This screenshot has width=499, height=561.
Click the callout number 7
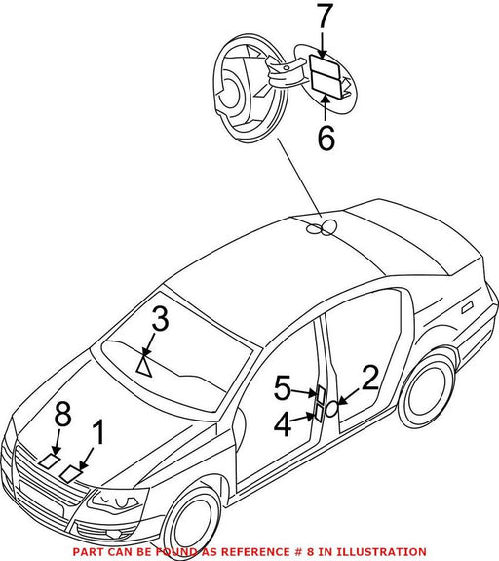pyautogui.click(x=325, y=17)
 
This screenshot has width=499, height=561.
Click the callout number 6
pyautogui.click(x=326, y=137)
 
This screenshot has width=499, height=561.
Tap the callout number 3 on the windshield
pyautogui.click(x=160, y=318)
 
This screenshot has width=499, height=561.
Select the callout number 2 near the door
pyautogui.click(x=370, y=378)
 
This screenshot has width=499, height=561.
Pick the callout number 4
pyautogui.click(x=283, y=424)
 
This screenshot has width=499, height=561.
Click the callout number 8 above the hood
pyautogui.click(x=62, y=414)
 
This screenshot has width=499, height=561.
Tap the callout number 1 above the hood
pyautogui.click(x=97, y=432)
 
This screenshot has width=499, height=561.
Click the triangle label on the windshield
pyautogui.click(x=144, y=365)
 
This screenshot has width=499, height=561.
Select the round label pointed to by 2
pyautogui.click(x=331, y=409)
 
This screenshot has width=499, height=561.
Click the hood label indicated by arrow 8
pyautogui.click(x=50, y=461)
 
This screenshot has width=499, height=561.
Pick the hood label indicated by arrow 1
pyautogui.click(x=71, y=474)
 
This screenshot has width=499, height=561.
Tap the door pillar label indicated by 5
pyautogui.click(x=321, y=394)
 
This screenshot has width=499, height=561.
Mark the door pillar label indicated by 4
pyautogui.click(x=319, y=414)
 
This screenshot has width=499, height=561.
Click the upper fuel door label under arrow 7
pyautogui.click(x=325, y=63)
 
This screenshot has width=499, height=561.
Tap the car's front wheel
pyautogui.click(x=192, y=522)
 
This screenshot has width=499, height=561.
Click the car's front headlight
pyautogui.click(x=115, y=500)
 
